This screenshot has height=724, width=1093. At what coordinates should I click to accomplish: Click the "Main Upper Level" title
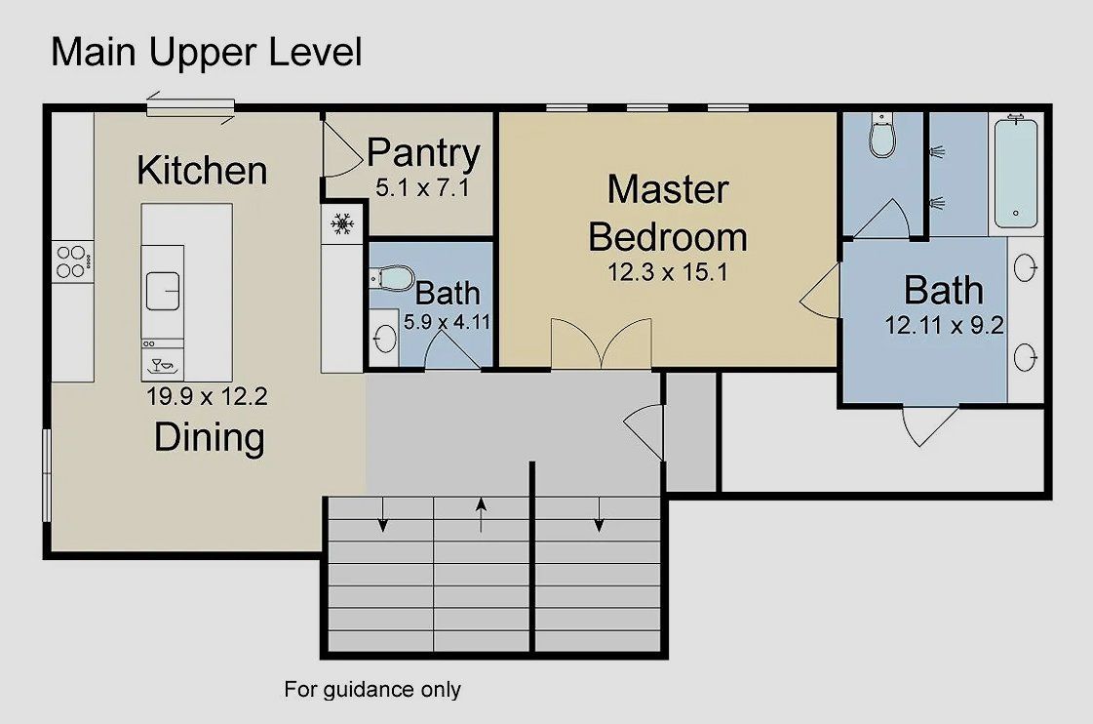206,52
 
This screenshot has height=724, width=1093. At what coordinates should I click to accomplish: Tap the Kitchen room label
202,170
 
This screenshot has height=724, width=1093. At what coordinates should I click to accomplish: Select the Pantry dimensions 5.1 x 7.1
422,187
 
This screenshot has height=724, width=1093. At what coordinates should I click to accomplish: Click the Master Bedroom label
668,213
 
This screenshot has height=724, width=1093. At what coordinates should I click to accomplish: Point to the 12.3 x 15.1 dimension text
668,273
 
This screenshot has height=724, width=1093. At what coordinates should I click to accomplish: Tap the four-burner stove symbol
72,261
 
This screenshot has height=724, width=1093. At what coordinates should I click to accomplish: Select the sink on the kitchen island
163,290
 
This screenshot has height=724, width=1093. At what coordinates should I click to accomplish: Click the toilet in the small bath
391,280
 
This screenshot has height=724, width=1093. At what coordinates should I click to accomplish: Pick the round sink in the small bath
384,339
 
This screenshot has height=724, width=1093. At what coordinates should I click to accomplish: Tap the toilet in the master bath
882,138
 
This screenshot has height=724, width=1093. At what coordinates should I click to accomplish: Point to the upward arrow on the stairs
481,515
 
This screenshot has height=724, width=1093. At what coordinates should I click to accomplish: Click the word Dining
209,437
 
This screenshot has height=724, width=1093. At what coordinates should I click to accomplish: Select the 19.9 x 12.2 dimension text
207,397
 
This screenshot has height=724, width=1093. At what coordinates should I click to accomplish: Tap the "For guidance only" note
372,690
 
